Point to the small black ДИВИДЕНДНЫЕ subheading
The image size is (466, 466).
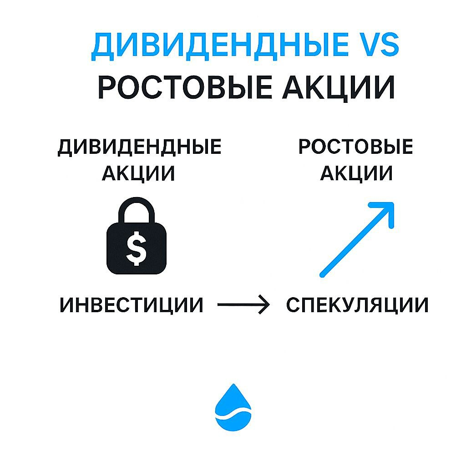(139, 148)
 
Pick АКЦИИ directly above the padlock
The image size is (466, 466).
(138, 173)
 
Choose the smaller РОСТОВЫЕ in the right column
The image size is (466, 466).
(355, 147)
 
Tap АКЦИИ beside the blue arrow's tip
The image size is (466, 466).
(356, 173)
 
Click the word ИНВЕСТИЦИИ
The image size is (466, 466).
(132, 305)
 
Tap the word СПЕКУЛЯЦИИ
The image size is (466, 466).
(357, 305)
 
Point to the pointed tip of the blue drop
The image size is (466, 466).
(233, 386)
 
